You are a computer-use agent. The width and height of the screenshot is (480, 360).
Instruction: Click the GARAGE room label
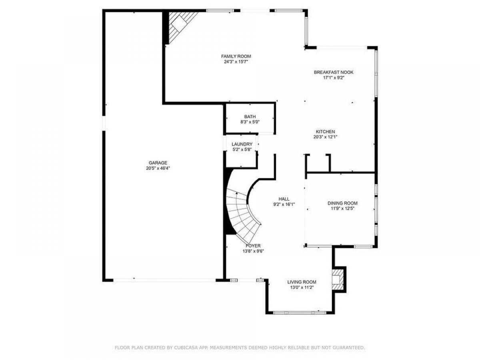[x=158, y=163]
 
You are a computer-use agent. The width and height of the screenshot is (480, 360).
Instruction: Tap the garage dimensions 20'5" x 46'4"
[x=158, y=168]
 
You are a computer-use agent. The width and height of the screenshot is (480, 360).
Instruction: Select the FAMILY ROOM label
[x=236, y=56]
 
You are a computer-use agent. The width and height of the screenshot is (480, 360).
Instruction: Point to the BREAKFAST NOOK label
[x=334, y=72]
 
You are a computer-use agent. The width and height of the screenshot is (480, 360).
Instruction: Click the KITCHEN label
[x=325, y=132]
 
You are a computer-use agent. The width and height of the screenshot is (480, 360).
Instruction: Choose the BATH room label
[x=250, y=117]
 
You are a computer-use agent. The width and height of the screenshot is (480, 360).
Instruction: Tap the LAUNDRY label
[x=242, y=144]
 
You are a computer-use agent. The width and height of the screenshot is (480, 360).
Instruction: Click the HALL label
[x=284, y=199]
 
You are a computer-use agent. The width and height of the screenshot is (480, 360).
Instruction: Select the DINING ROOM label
[x=342, y=203]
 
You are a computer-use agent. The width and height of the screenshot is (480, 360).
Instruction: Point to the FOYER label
[x=253, y=246]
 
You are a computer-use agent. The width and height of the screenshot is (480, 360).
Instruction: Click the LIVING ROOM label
[x=302, y=282]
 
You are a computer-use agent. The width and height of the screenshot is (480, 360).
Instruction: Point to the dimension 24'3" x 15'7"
[x=236, y=62]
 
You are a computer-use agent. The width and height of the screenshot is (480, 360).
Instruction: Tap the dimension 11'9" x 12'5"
[x=342, y=209]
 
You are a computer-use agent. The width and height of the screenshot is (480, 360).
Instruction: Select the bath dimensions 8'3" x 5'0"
[x=250, y=122]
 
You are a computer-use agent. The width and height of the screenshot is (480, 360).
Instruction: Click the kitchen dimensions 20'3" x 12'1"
[x=325, y=137]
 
